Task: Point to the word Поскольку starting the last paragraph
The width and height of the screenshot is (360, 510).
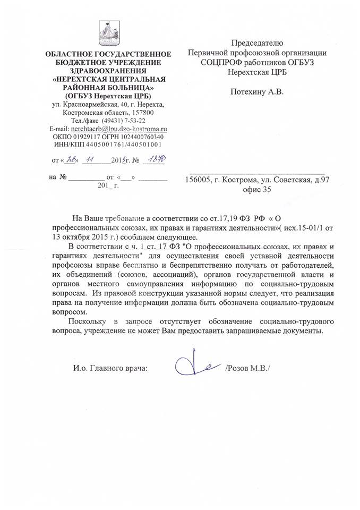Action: (x=88, y=322)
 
